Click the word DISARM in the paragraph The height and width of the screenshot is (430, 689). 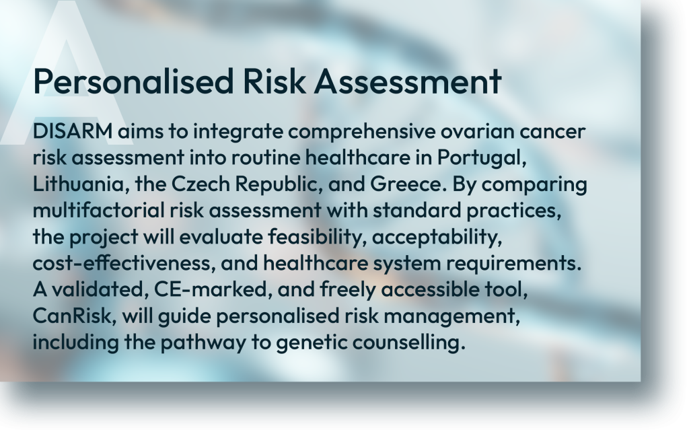[x=73, y=131]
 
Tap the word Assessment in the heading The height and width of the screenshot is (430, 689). [x=408, y=81]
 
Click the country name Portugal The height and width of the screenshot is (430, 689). [x=482, y=158]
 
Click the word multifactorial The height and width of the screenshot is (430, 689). [x=99, y=210]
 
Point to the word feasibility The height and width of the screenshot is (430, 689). [x=318, y=238]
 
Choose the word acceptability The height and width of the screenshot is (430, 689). [x=437, y=238]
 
